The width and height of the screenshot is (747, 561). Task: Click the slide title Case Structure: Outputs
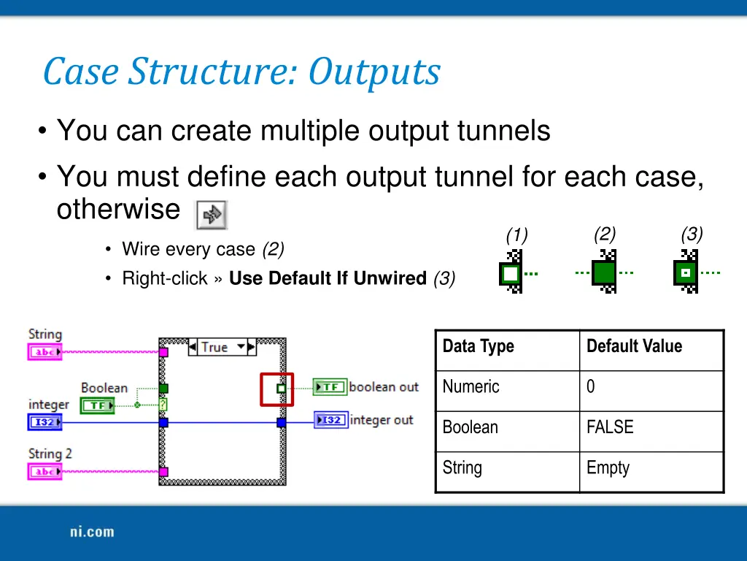241,72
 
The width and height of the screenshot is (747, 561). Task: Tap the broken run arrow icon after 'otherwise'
212,215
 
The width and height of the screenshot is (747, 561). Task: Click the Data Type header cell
479,346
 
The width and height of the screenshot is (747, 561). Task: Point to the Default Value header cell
634,346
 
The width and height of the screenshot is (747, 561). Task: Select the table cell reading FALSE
610,427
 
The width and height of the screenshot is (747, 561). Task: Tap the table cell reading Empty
608,467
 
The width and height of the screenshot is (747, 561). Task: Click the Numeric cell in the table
471,386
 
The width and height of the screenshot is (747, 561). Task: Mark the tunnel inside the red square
281,389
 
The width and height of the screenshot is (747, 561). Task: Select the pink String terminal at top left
44,352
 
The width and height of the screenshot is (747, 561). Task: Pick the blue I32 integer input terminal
44,422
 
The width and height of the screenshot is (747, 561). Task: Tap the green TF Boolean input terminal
97,405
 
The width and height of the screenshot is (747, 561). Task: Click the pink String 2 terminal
44,471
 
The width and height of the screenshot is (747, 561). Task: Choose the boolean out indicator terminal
330,387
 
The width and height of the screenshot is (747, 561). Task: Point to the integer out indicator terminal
331,420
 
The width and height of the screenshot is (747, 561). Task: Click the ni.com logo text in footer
92,532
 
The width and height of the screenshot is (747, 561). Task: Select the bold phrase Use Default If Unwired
328,278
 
